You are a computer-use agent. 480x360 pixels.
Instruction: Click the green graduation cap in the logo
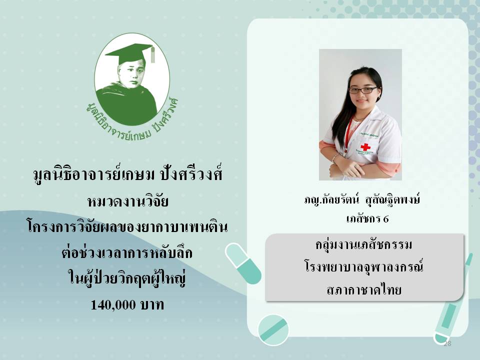(x=130, y=53)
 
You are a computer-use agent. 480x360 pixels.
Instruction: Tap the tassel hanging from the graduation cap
(x=152, y=54)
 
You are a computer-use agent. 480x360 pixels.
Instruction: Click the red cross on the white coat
(x=365, y=147)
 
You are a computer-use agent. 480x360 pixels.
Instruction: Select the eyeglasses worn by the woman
(x=363, y=90)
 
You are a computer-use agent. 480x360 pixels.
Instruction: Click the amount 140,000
(x=113, y=305)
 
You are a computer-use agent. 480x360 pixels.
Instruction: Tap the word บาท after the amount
(x=152, y=305)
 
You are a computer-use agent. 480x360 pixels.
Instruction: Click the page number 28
(x=447, y=343)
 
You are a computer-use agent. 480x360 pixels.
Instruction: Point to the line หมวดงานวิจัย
(x=127, y=201)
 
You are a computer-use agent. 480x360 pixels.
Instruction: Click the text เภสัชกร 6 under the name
(x=367, y=219)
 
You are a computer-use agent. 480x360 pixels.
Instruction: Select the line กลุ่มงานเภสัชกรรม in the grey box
(x=364, y=245)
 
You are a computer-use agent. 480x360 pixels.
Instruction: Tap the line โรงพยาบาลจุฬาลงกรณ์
(x=364, y=266)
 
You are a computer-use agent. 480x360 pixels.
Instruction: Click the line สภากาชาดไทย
(x=364, y=289)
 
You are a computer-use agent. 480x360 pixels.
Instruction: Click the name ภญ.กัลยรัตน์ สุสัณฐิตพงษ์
(x=362, y=200)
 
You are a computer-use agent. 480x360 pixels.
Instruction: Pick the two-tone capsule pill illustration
(x=243, y=263)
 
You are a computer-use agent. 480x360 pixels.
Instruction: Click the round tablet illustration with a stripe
(x=273, y=330)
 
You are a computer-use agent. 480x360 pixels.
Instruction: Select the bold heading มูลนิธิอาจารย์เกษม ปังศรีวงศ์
(x=127, y=175)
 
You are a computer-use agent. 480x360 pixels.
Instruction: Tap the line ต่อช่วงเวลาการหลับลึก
(x=126, y=253)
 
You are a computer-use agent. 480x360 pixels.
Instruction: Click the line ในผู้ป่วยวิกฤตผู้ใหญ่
(x=126, y=278)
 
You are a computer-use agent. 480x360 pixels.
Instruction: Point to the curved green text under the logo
(x=132, y=121)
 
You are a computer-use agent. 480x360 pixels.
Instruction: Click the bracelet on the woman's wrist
(x=335, y=158)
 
